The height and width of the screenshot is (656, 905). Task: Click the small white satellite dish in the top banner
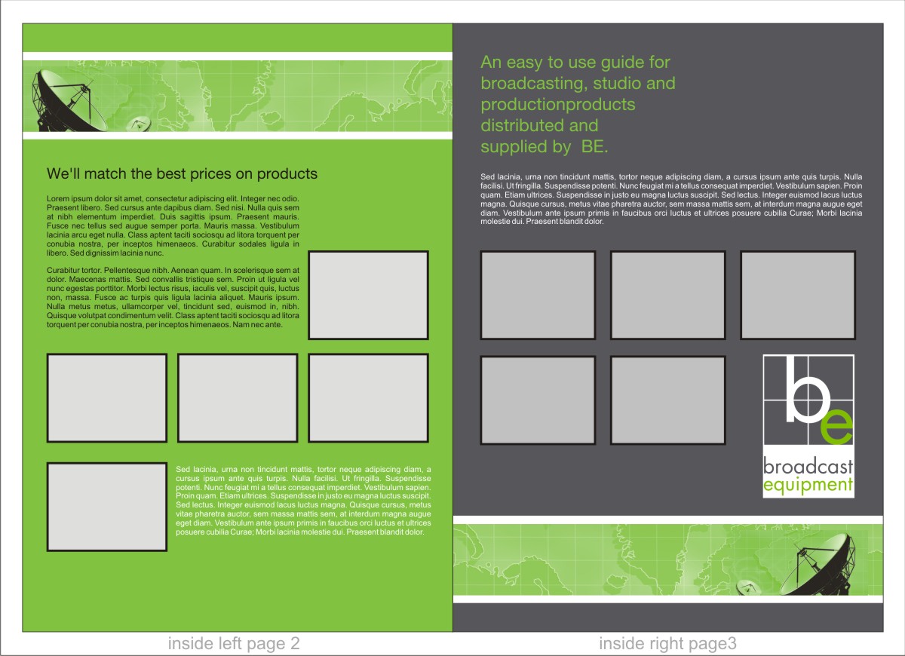coord(139,124)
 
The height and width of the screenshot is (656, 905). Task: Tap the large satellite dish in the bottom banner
coord(821,566)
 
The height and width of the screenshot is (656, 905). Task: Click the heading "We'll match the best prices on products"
coord(182,173)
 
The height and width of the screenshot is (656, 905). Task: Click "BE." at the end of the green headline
coord(594,146)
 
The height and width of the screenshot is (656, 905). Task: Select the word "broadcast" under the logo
coord(808,467)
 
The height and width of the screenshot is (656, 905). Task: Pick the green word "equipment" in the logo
coord(808,486)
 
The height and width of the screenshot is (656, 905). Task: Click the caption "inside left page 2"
coord(234,643)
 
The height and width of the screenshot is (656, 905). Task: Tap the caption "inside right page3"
coord(668,643)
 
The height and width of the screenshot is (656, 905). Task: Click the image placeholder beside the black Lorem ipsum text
coord(368,295)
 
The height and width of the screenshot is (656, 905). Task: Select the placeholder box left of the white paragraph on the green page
coord(107,507)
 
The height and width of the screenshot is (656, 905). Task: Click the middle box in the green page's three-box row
coord(238,398)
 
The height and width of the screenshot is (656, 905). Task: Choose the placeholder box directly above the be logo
coord(798,295)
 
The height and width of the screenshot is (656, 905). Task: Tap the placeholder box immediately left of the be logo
coord(668,400)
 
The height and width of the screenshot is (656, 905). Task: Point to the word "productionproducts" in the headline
coord(558,105)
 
